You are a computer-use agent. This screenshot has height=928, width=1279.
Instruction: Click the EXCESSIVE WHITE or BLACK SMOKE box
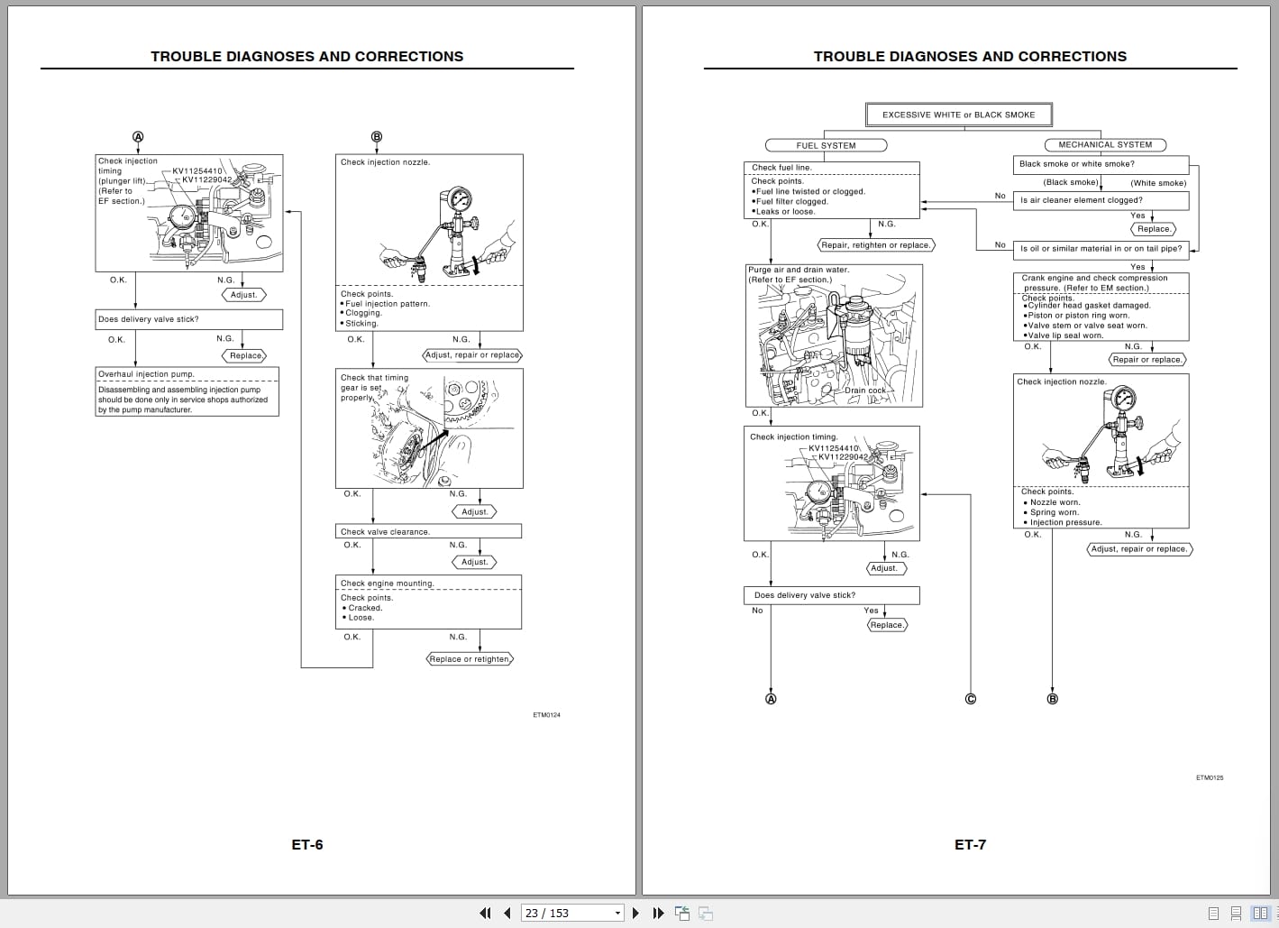[x=958, y=115]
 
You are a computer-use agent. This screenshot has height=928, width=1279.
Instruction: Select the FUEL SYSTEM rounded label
[x=826, y=145]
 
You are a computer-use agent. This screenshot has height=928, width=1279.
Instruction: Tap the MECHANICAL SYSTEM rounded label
[x=1104, y=144]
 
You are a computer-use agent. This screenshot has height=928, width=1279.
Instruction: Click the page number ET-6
[x=306, y=845]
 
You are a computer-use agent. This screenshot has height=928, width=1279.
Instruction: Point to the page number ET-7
[x=970, y=845]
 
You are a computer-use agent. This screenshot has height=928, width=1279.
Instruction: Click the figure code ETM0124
[x=546, y=715]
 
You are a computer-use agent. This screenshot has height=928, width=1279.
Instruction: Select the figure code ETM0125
[x=1209, y=777]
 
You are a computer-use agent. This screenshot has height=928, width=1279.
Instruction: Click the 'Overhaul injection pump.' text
[x=146, y=374]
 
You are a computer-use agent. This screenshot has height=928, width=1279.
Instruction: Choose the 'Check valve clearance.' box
[x=428, y=531]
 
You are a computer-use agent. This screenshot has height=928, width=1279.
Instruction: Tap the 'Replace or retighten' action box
[x=469, y=659]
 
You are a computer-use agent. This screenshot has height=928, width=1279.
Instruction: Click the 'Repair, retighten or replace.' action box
[x=876, y=245]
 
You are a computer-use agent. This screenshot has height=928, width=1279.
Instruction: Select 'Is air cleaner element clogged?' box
[x=1100, y=200]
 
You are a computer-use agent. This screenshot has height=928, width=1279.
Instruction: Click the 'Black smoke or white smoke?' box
[x=1100, y=164]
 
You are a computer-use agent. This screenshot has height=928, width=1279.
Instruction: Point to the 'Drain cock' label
[x=864, y=390]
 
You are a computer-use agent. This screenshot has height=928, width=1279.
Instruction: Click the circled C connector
[x=971, y=699]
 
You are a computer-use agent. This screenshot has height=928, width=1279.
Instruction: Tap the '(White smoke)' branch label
[x=1158, y=183]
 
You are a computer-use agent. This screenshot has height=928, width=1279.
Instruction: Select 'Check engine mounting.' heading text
[x=387, y=583]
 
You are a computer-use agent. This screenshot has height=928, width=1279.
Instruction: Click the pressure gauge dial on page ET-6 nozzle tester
[x=459, y=198]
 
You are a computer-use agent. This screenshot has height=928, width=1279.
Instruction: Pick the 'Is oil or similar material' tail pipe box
[x=1100, y=248]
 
